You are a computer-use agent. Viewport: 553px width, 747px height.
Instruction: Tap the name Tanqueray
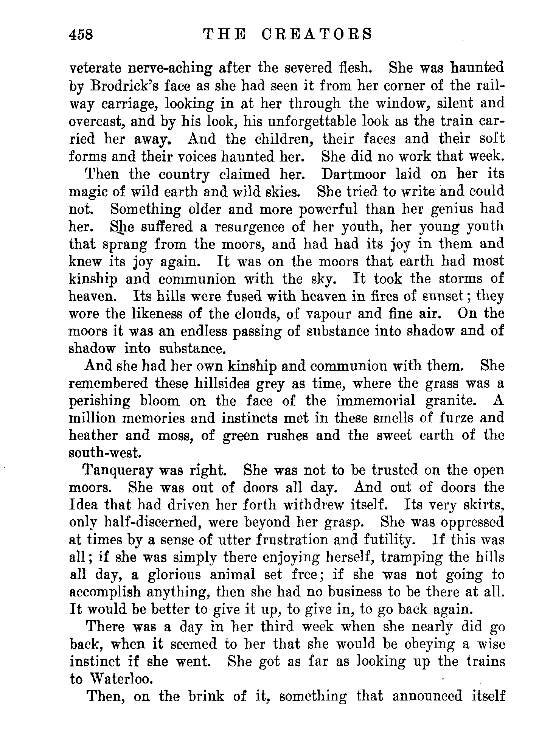click(x=118, y=471)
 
